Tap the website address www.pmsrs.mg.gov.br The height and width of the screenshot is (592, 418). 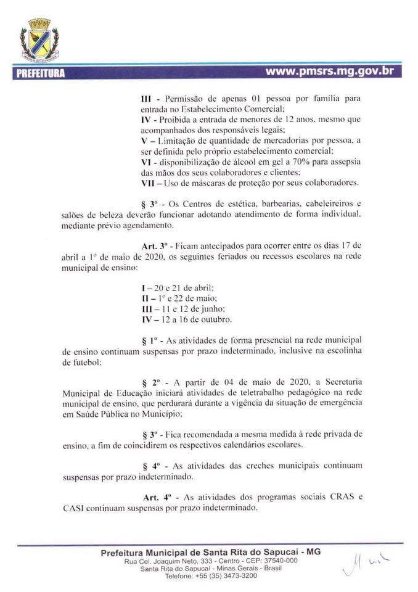tap(329, 71)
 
